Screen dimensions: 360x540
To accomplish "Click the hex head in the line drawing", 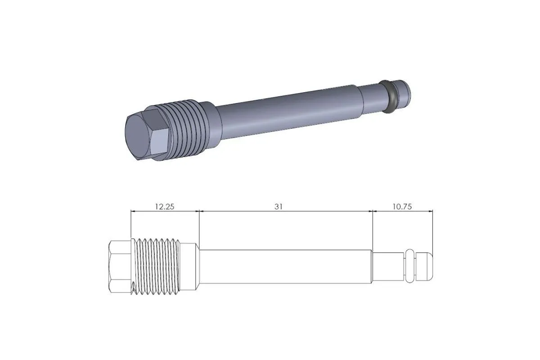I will pos(119,266).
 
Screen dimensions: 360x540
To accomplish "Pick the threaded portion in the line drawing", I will pos(155,266).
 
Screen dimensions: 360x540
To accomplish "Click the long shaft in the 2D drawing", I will pos(286,266).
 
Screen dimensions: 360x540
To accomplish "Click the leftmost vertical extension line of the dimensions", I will pos(130,225).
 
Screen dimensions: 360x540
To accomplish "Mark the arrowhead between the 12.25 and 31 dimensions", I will pos(199,211).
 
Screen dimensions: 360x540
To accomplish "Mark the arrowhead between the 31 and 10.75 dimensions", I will pos(373,211).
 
